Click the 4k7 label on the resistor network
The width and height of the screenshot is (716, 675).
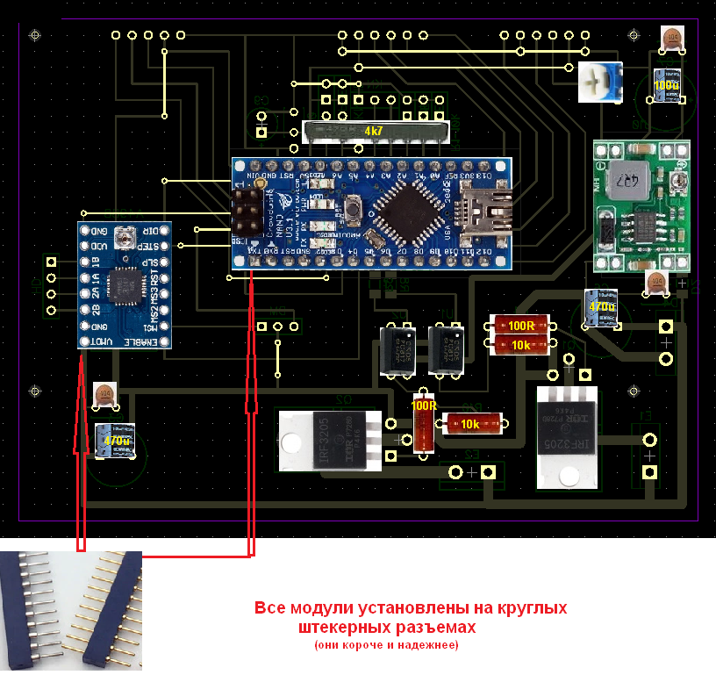pyautogui.click(x=374, y=130)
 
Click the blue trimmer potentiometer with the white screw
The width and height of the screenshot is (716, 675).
pyautogui.click(x=600, y=83)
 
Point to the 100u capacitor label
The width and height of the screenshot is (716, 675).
pyautogui.click(x=667, y=85)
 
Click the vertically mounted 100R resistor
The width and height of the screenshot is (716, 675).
pyautogui.click(x=424, y=422)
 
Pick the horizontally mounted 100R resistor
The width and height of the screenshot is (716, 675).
pyautogui.click(x=520, y=326)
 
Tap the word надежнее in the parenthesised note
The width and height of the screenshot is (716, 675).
pyautogui.click(x=427, y=645)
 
